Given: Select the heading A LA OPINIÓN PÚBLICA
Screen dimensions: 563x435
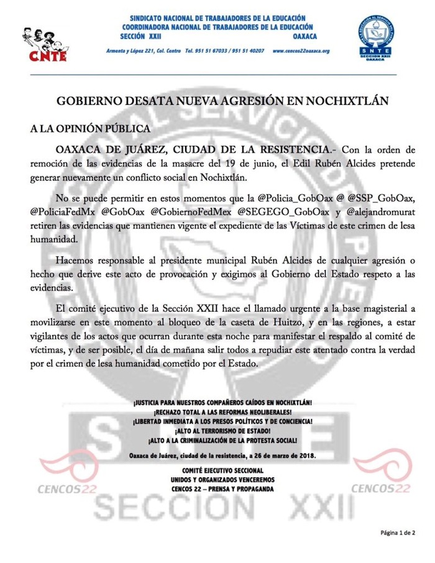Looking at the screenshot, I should pyautogui.click(x=89, y=129).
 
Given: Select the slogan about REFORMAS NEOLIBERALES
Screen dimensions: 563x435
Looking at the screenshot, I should pyautogui.click(x=217, y=412).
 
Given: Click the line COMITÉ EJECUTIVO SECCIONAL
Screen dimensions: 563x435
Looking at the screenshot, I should pyautogui.click(x=217, y=471).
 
